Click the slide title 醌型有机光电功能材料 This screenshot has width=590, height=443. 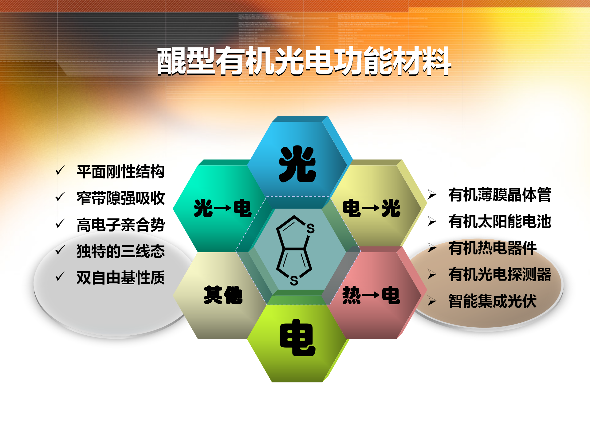(x=304, y=61)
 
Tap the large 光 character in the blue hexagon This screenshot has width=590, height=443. (x=297, y=164)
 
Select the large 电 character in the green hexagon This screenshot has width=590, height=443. (x=297, y=337)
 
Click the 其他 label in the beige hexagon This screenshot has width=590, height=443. (x=223, y=295)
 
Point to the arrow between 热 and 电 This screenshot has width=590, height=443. (x=371, y=295)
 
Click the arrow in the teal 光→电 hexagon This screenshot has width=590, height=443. (x=222, y=208)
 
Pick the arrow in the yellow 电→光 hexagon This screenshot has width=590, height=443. (x=371, y=208)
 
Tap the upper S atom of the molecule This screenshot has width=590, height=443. (x=310, y=229)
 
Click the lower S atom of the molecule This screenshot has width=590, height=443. (x=294, y=281)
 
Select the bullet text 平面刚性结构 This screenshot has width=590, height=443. (x=120, y=172)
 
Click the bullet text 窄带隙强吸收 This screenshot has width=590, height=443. (x=120, y=198)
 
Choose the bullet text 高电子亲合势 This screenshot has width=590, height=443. (x=120, y=225)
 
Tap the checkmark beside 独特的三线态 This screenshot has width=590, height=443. (x=60, y=250)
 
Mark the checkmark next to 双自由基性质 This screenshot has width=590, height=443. (x=60, y=276)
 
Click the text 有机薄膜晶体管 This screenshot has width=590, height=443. (x=500, y=195)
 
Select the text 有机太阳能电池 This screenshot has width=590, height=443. (x=500, y=221)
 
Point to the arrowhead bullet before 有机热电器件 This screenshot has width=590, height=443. (x=432, y=248)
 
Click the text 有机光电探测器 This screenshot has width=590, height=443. (x=500, y=274)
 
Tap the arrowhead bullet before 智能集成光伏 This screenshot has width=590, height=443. (x=432, y=301)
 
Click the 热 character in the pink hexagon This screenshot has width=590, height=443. (x=352, y=295)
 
